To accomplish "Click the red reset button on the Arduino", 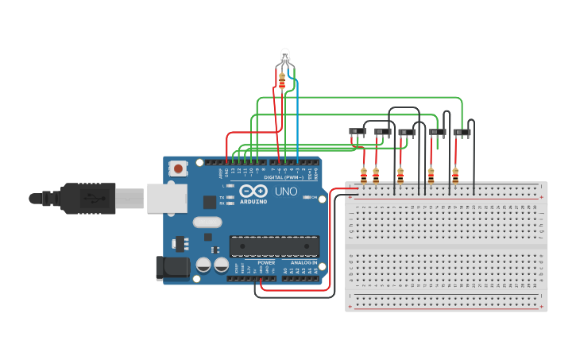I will (x=179, y=168).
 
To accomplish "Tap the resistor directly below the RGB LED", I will (x=282, y=80).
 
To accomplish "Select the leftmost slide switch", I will (x=358, y=131).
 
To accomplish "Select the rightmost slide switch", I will (x=462, y=132).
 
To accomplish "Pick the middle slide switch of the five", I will (x=407, y=132).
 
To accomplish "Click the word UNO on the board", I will (x=285, y=192).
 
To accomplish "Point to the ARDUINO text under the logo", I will (x=253, y=202).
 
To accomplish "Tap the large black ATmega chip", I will (x=274, y=246).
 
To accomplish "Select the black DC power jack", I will (x=173, y=268).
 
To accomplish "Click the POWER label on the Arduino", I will (x=266, y=262).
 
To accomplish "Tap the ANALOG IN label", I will (x=303, y=262).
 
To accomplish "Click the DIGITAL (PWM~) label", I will (x=283, y=176).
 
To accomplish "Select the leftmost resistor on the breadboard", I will (x=364, y=174).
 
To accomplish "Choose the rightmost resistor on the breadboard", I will (x=455, y=174).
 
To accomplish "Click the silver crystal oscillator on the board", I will (x=207, y=223).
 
